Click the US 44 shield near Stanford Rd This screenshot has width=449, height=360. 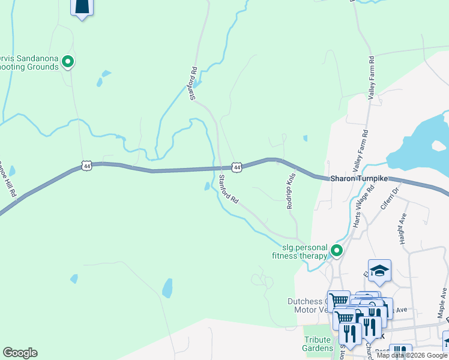pos(237,167)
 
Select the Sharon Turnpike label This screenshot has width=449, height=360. pos(360,179)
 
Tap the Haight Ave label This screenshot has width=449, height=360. pos(403,229)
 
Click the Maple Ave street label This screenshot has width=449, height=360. pos(443,302)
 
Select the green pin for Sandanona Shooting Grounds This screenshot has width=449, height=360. pos(68,61)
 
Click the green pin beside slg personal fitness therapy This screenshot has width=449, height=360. pos(337,251)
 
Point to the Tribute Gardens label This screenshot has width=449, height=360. pos(318,344)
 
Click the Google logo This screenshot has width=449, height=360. pos(20,353)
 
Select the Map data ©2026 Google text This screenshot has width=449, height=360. pos(412,355)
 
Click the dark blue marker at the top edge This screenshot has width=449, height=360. pos(82,8)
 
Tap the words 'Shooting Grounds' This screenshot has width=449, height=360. pos(29,67)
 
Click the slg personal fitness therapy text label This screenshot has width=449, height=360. pos(305,251)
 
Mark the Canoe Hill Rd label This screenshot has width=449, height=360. pos(8,178)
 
